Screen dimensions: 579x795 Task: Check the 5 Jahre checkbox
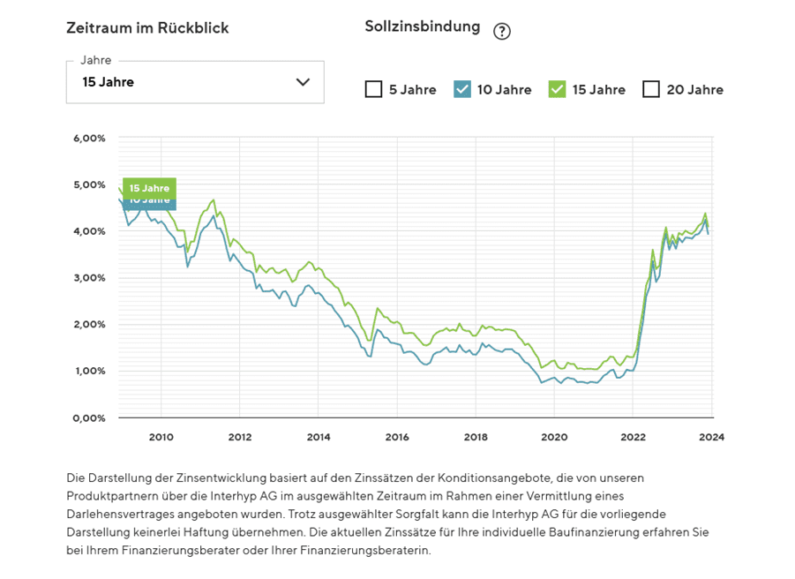tap(373, 89)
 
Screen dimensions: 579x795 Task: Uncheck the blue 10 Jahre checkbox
tap(462, 89)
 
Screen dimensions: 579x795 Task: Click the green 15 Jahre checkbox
tap(556, 89)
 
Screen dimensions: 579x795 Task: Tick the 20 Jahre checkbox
tap(651, 89)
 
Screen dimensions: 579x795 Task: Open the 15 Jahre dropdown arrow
tap(303, 82)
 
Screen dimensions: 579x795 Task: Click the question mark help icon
tap(502, 32)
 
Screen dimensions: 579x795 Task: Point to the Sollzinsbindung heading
tap(423, 26)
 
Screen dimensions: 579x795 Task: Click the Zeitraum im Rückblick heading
tap(147, 27)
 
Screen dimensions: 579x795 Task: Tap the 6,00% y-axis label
tap(89, 139)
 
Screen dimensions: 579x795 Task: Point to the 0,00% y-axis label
tap(89, 417)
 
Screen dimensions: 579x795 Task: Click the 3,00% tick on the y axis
tap(89, 278)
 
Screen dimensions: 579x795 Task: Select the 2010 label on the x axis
tap(161, 436)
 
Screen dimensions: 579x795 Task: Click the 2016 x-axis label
tap(397, 436)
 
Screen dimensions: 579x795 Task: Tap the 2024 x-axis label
tap(712, 436)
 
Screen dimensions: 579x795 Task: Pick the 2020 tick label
tap(554, 436)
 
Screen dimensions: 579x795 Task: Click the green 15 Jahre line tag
tap(149, 188)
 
